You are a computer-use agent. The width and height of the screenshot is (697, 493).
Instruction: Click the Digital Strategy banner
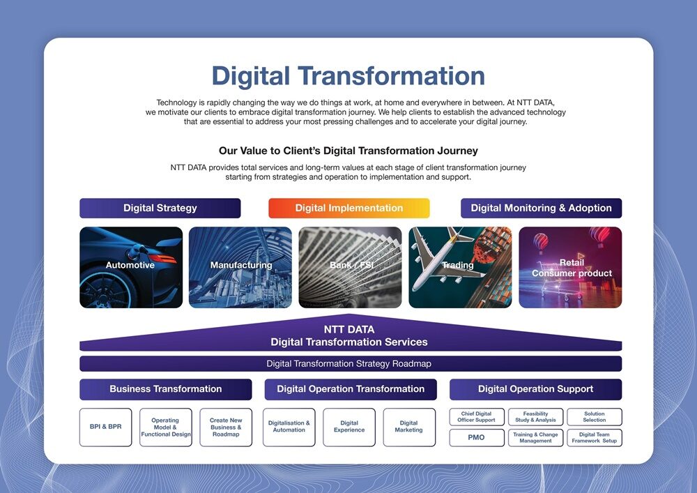pos(160,208)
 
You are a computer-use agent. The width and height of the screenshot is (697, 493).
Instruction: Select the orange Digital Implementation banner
pos(348,208)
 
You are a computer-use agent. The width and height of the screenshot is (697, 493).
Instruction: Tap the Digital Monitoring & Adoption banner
pos(541,208)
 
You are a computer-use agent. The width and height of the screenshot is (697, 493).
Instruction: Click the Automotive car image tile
pos(131,267)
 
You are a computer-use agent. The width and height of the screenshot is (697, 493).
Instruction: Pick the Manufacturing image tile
pos(240,267)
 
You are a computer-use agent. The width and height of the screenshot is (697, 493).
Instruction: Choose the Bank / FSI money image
pos(350,267)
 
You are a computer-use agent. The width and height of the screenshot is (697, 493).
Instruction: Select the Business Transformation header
pos(165,389)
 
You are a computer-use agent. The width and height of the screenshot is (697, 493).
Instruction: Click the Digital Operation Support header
pos(535,389)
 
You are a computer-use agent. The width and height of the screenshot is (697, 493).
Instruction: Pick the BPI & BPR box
pos(105,427)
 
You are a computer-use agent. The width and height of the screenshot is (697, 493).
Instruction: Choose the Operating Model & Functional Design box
pos(165,427)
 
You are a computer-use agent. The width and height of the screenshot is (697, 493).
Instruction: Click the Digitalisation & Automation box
pos(289,427)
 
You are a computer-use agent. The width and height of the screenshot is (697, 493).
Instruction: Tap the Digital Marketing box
pos(408,427)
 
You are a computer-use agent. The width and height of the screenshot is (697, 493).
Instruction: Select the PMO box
pos(476,438)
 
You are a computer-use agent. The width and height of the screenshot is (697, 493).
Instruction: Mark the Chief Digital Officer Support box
pos(477,417)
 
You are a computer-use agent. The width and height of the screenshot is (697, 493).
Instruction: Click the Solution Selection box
pos(594,417)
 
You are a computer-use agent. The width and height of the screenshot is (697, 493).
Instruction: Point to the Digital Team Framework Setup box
pos(594,438)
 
